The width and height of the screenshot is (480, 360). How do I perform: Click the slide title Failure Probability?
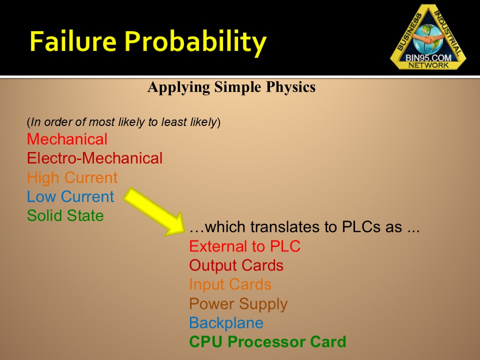[x=147, y=41]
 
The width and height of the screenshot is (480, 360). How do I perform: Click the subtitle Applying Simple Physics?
[x=231, y=87]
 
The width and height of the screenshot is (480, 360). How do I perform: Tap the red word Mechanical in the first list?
[x=67, y=139]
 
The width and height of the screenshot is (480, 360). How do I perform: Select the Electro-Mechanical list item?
[x=94, y=158]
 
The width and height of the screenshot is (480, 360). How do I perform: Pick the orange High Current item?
[x=72, y=177]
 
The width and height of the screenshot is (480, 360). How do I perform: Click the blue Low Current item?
[x=70, y=196]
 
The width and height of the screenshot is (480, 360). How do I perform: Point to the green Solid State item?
[x=65, y=215]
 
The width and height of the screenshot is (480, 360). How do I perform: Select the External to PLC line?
[x=244, y=246]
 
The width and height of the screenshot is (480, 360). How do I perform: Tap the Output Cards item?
[x=236, y=265]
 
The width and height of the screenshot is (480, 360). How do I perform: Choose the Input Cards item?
[x=230, y=284]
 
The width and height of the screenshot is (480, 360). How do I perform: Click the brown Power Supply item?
[x=238, y=303]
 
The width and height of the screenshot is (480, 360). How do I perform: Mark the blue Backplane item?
[x=226, y=322]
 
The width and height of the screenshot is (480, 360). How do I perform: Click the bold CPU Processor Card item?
[x=267, y=342]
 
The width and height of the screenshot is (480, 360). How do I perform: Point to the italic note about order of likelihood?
[x=123, y=122]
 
